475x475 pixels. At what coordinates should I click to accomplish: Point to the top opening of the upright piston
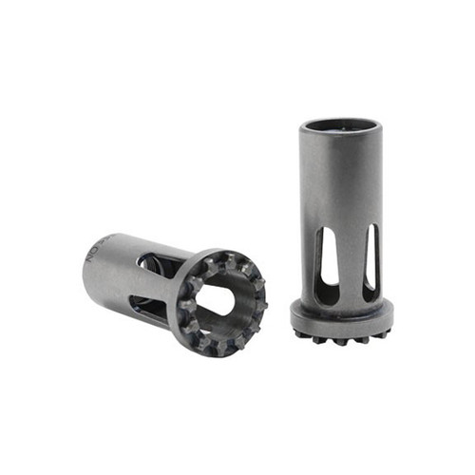(x=341, y=124)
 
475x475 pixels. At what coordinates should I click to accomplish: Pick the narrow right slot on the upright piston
(x=370, y=256)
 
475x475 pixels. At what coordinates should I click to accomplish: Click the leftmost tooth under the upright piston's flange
(x=298, y=332)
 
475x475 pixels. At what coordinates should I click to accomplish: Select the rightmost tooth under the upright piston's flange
(x=386, y=332)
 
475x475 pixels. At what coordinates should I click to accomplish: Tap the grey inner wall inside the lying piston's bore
(x=237, y=313)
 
